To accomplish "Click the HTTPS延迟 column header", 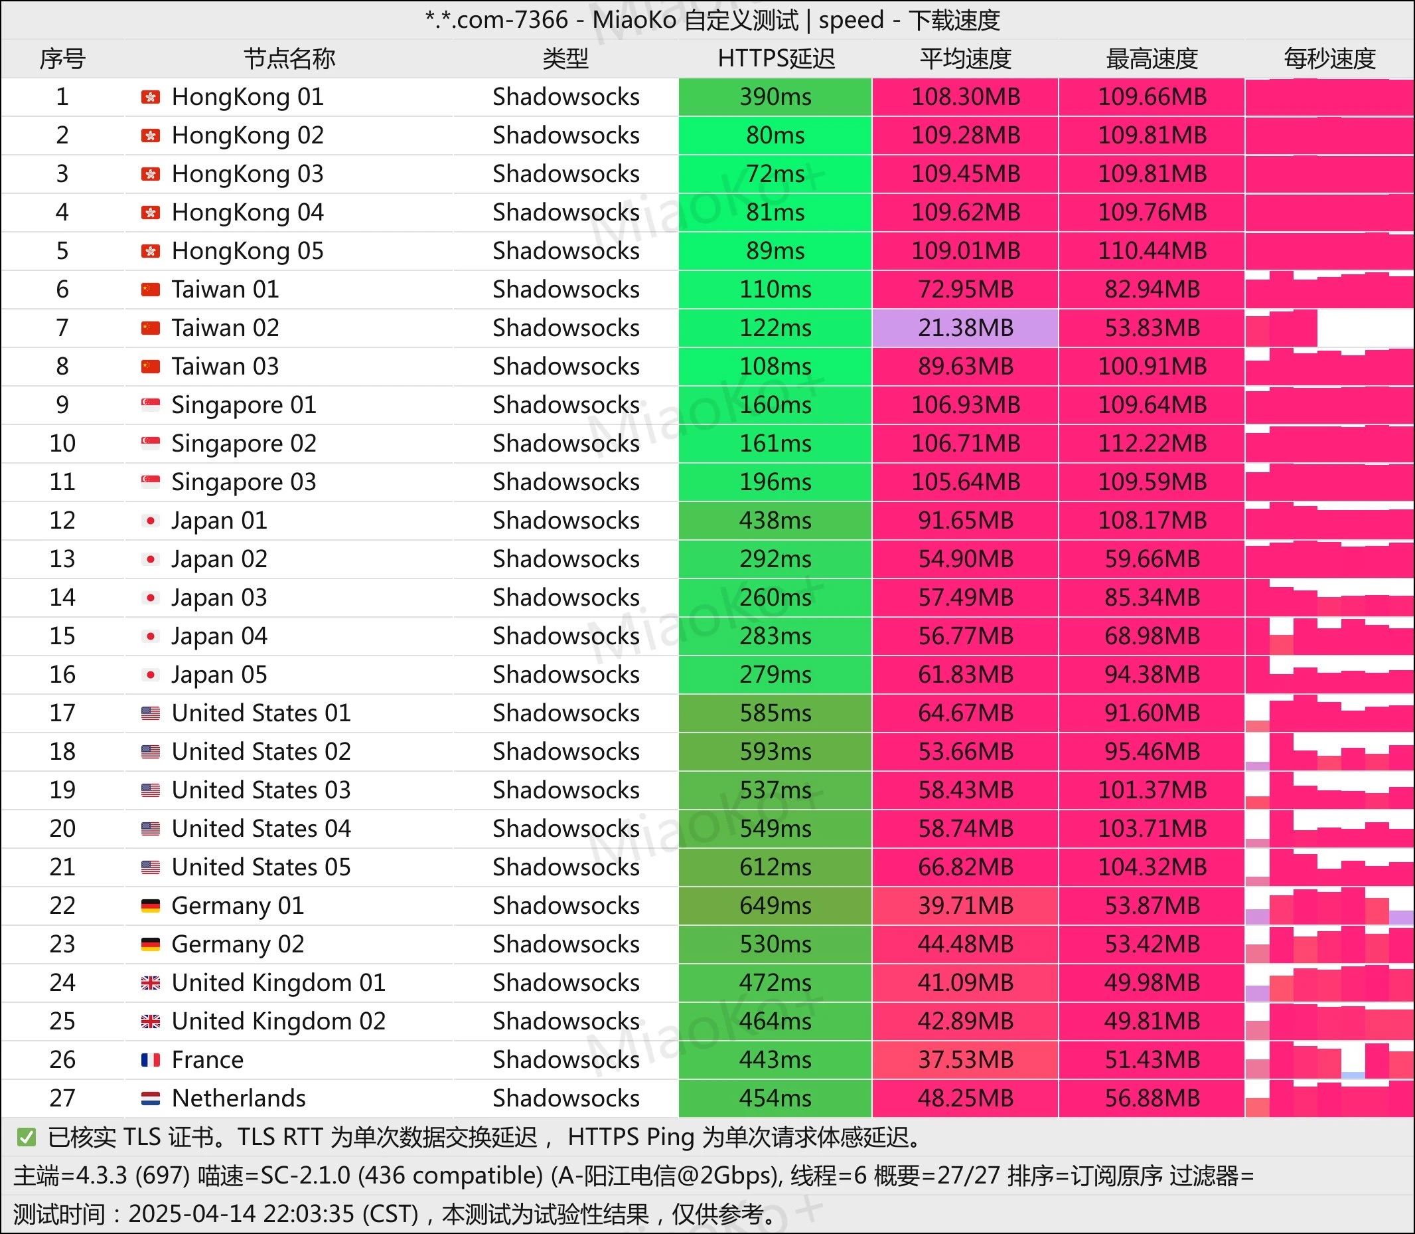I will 776,58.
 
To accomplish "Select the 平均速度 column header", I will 965,58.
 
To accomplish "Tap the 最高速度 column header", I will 1152,58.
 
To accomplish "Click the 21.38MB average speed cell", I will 965,328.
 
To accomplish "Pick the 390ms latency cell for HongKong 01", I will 775,97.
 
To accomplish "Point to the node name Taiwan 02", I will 225,328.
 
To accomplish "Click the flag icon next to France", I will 151,1060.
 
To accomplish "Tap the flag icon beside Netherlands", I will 151,1099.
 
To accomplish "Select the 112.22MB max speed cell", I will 1152,444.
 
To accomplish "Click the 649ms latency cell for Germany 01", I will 775,905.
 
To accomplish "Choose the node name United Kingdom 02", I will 278,1021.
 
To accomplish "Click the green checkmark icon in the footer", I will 26,1138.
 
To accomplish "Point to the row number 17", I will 62,713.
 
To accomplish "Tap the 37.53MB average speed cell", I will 965,1060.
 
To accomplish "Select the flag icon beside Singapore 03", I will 151,482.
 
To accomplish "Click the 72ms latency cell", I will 775,174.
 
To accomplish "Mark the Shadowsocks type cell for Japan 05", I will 565,674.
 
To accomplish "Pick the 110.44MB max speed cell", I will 1152,250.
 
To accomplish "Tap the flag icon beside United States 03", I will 151,790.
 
